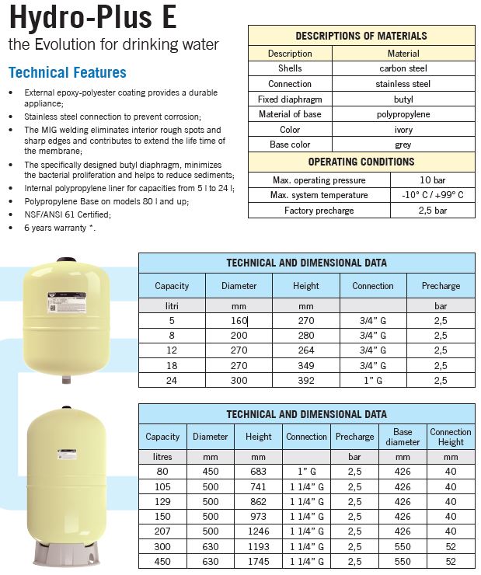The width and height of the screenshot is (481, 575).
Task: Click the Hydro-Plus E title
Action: (x=92, y=18)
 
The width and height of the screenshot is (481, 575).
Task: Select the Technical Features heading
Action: (x=67, y=72)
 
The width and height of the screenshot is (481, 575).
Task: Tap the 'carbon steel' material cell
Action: (x=403, y=68)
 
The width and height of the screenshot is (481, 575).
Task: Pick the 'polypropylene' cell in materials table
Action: (x=403, y=115)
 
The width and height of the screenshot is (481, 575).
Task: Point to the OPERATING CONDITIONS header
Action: (x=361, y=162)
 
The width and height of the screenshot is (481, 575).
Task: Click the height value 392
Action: (x=306, y=380)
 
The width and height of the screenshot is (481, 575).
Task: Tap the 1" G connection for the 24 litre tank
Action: (x=372, y=380)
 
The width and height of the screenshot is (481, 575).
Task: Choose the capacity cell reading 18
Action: (x=172, y=365)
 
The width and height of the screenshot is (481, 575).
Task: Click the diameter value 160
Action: (x=239, y=321)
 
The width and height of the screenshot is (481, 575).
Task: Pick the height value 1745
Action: (x=259, y=561)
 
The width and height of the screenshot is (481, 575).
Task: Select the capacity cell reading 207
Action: (x=162, y=531)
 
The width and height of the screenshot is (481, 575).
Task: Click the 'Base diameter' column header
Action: (x=403, y=437)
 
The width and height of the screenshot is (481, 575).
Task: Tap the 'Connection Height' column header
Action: (x=451, y=437)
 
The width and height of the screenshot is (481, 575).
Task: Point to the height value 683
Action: (x=259, y=472)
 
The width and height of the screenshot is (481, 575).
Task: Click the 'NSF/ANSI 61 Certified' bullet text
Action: (x=68, y=214)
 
